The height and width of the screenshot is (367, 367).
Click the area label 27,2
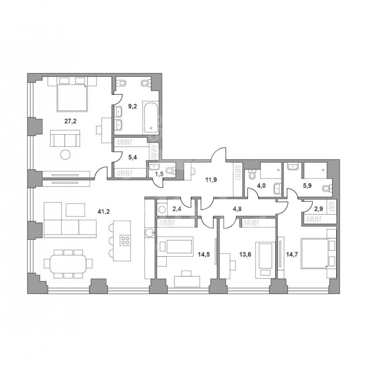(70, 121)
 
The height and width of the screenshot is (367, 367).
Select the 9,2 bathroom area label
(132, 106)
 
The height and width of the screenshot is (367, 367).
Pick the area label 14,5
(204, 254)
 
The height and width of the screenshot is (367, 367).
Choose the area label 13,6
(246, 254)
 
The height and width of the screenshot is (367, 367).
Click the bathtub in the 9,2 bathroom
(151, 117)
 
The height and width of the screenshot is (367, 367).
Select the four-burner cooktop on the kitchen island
(125, 240)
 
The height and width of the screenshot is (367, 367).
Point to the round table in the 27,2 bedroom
(65, 154)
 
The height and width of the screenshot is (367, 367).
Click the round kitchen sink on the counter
(149, 233)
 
